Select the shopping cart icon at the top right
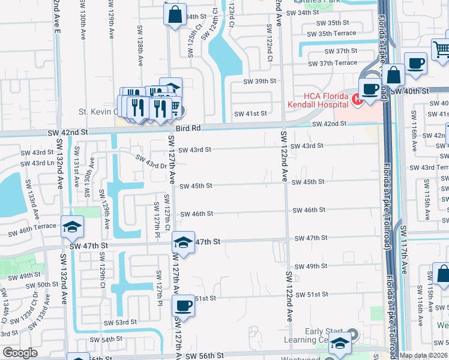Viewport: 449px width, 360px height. tap(442, 49)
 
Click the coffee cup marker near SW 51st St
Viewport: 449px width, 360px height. tap(184, 306)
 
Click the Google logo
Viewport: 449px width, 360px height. tap(20, 353)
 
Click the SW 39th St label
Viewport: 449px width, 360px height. tap(259, 81)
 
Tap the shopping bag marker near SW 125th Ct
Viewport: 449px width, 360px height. tap(175, 16)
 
